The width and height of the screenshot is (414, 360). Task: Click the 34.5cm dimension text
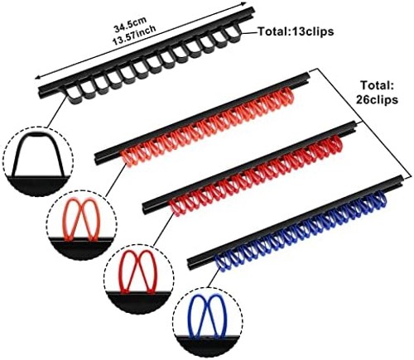130,24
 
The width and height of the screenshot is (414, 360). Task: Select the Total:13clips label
296,31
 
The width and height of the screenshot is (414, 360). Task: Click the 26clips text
377,99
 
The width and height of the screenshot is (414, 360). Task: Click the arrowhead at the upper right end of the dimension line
244,3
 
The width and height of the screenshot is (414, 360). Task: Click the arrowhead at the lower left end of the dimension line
37,77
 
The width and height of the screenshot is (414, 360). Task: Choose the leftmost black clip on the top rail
71,97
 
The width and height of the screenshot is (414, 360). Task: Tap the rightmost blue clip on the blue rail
382,199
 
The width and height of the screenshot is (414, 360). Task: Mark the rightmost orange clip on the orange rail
287,95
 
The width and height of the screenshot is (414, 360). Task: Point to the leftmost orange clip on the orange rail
128,158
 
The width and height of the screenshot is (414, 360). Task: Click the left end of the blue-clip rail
190,263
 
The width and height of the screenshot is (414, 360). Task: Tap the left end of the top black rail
41,92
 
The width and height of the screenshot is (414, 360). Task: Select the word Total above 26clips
377,85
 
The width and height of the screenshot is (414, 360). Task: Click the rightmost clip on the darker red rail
336,144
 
